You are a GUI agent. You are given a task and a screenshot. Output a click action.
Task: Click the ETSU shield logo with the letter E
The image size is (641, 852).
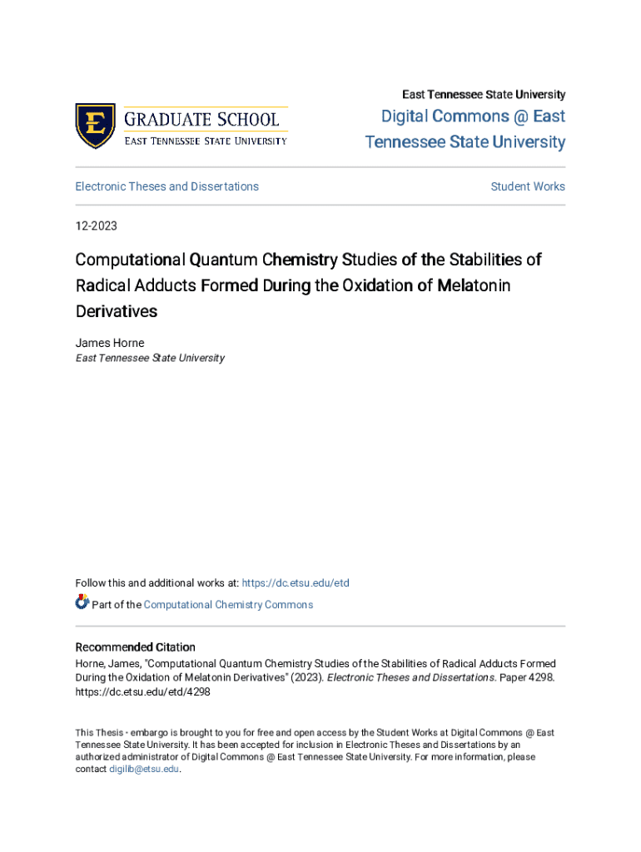pyautogui.click(x=95, y=126)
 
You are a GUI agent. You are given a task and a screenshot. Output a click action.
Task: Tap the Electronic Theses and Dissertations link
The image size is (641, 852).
pyautogui.click(x=166, y=186)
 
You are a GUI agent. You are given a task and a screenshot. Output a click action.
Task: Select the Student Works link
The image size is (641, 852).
pyautogui.click(x=528, y=186)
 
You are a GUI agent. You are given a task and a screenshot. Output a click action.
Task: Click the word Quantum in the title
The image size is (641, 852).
pyautogui.click(x=222, y=260)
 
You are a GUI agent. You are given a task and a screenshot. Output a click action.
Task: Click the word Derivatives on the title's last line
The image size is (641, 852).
pyautogui.click(x=116, y=312)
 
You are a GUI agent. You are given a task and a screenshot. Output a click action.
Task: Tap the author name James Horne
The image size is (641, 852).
pyautogui.click(x=109, y=343)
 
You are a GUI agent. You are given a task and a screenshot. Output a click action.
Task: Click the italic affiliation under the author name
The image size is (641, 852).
pyautogui.click(x=150, y=358)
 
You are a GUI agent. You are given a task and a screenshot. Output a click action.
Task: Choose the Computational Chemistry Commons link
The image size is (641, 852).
pyautogui.click(x=228, y=605)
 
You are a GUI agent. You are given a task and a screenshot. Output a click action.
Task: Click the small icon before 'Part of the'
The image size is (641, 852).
pyautogui.click(x=82, y=602)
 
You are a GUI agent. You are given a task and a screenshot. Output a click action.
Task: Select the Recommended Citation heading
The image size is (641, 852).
pyautogui.click(x=135, y=647)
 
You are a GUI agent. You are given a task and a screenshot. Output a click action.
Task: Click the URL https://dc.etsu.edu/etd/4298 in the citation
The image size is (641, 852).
pyautogui.click(x=142, y=691)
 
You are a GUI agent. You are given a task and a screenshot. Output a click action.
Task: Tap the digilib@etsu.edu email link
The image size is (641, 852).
pyautogui.click(x=144, y=770)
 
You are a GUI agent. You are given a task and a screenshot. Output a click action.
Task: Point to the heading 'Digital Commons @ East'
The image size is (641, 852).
pyautogui.click(x=473, y=116)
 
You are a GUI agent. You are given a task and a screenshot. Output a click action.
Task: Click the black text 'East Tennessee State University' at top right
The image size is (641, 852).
pyautogui.click(x=484, y=95)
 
